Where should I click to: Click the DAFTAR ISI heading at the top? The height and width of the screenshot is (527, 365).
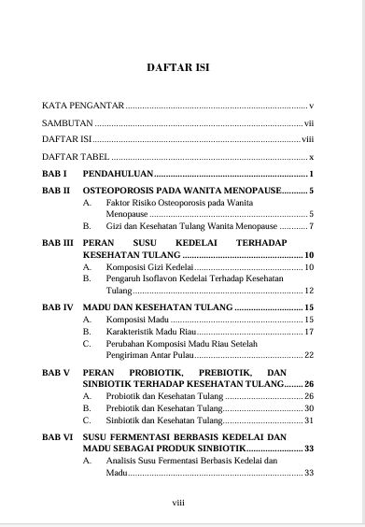click(x=182, y=68)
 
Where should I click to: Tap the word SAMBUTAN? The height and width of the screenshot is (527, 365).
click(x=68, y=122)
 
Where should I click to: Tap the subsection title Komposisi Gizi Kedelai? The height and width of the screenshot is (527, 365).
click(x=139, y=267)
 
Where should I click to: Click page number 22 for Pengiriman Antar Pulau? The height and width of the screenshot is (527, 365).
click(x=308, y=356)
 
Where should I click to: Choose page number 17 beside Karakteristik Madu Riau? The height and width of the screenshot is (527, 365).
click(x=308, y=332)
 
